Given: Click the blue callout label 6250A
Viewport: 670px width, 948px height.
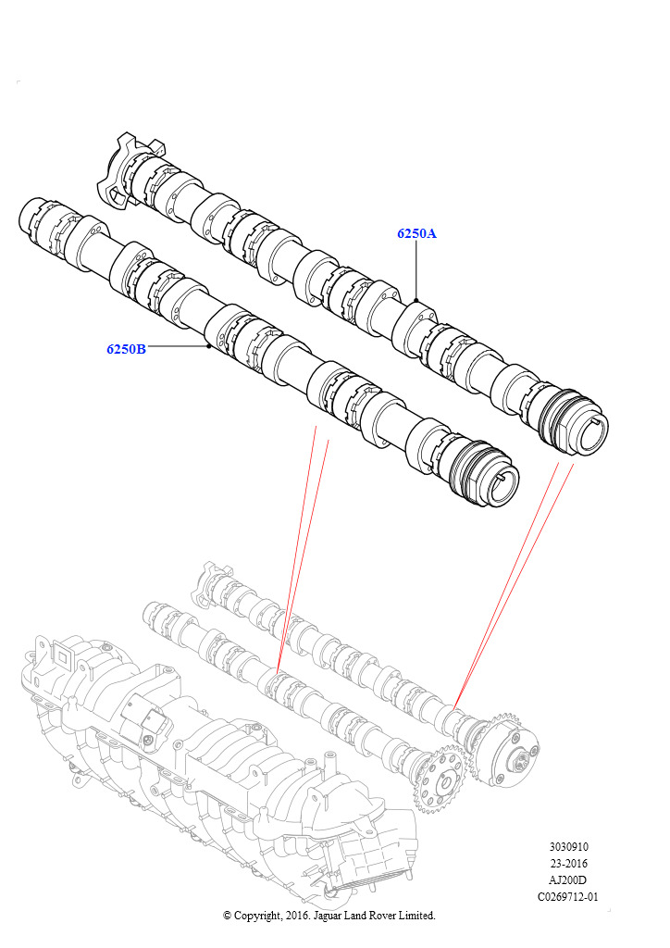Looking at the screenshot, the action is point(416,233).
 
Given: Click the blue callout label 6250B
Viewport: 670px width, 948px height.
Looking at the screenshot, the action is point(126,349).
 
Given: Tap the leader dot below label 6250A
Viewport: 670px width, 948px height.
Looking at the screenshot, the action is point(416,300).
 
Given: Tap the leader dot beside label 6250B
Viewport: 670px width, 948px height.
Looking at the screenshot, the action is point(208,346).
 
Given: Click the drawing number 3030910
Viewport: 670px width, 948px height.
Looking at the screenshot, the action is point(568,847).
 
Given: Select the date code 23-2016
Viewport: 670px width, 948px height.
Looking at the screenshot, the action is point(568,864).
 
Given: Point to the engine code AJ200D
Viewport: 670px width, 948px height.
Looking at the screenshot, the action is point(568,880).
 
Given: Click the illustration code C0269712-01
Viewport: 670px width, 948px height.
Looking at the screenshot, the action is point(568,896).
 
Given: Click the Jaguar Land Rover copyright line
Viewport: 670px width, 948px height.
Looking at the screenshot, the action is point(329,916).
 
